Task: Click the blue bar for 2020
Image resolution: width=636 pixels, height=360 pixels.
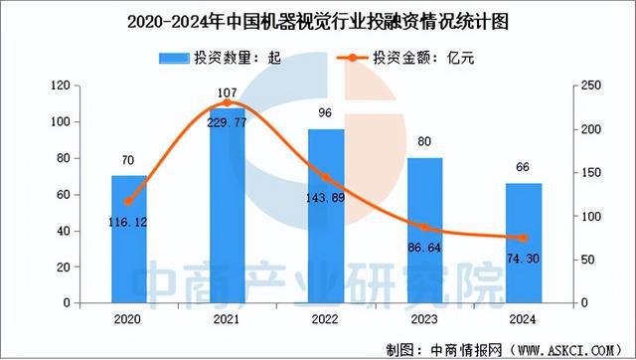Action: [128, 239]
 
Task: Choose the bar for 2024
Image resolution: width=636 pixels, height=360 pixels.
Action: [524, 243]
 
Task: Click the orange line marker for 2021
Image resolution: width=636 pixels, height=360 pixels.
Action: [228, 103]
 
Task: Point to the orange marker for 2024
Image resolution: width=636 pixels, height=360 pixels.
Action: [524, 238]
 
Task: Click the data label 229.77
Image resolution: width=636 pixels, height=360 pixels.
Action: [228, 123]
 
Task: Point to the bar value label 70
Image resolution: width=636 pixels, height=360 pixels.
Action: [128, 157]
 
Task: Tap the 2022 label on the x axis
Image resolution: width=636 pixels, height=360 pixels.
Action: [326, 320]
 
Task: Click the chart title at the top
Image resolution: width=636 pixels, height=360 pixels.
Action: [319, 20]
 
